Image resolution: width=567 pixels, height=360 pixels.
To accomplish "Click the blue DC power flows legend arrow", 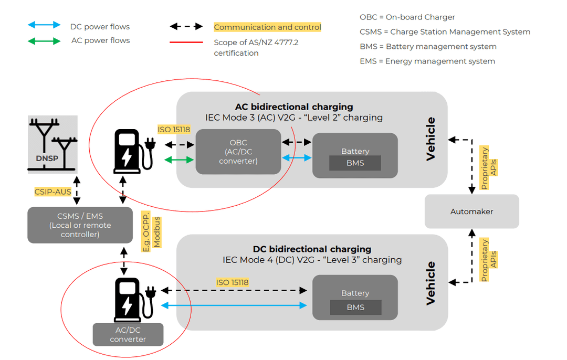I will coord(45,25).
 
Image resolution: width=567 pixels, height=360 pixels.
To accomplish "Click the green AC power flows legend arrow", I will coord(45,40).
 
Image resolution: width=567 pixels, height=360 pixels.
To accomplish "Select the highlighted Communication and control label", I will coord(267,27).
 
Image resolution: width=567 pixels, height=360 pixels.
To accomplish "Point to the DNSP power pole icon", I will coord(52,144).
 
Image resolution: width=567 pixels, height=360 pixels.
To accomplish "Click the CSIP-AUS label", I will coord(52,192).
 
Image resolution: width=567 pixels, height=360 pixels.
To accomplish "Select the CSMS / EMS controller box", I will coord(80,225).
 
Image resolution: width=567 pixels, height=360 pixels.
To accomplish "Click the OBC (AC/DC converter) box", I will coord(238,152).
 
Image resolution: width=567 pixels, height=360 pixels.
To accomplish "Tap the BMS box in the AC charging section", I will coord(355,163).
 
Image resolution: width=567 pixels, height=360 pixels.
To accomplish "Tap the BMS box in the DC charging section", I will coord(355,307).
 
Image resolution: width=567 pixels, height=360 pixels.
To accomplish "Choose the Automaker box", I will coord(471,211).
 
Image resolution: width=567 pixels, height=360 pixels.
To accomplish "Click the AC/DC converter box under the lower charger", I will coord(128,335).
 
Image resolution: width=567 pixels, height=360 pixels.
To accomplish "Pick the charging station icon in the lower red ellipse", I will coord(132,300).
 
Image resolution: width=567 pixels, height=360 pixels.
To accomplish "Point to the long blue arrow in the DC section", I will coord(234,305).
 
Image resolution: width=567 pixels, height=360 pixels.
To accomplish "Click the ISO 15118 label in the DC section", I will coord(232,282).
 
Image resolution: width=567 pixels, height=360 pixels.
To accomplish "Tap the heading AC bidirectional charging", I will coord(294,107).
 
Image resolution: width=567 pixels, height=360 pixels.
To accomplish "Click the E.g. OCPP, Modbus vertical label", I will coord(152,233).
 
